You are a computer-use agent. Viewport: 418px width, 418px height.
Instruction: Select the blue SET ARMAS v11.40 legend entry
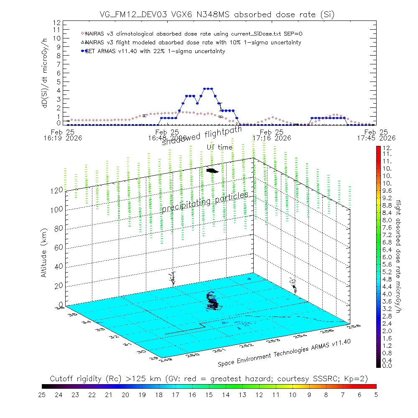click(x=155, y=51)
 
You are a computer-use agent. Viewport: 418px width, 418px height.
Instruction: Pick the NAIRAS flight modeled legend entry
click(x=192, y=43)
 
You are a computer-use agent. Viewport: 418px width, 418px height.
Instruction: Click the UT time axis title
click(x=219, y=147)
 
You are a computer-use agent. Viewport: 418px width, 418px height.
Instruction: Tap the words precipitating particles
click(x=205, y=202)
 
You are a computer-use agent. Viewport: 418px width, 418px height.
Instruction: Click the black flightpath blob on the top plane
click(x=212, y=170)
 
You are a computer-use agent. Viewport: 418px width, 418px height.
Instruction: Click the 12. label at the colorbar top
click(x=386, y=148)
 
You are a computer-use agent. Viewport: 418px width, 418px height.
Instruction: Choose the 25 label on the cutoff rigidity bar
click(x=42, y=394)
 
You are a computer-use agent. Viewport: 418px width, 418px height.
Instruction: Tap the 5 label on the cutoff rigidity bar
click(x=376, y=394)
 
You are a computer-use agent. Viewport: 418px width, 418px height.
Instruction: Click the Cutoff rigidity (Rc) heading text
click(x=209, y=379)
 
